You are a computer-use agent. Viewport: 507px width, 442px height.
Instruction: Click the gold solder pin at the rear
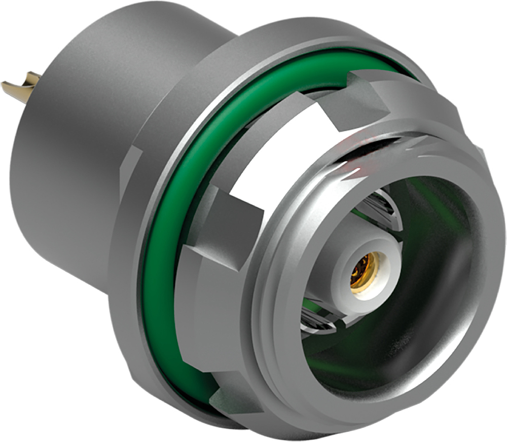[23, 87]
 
